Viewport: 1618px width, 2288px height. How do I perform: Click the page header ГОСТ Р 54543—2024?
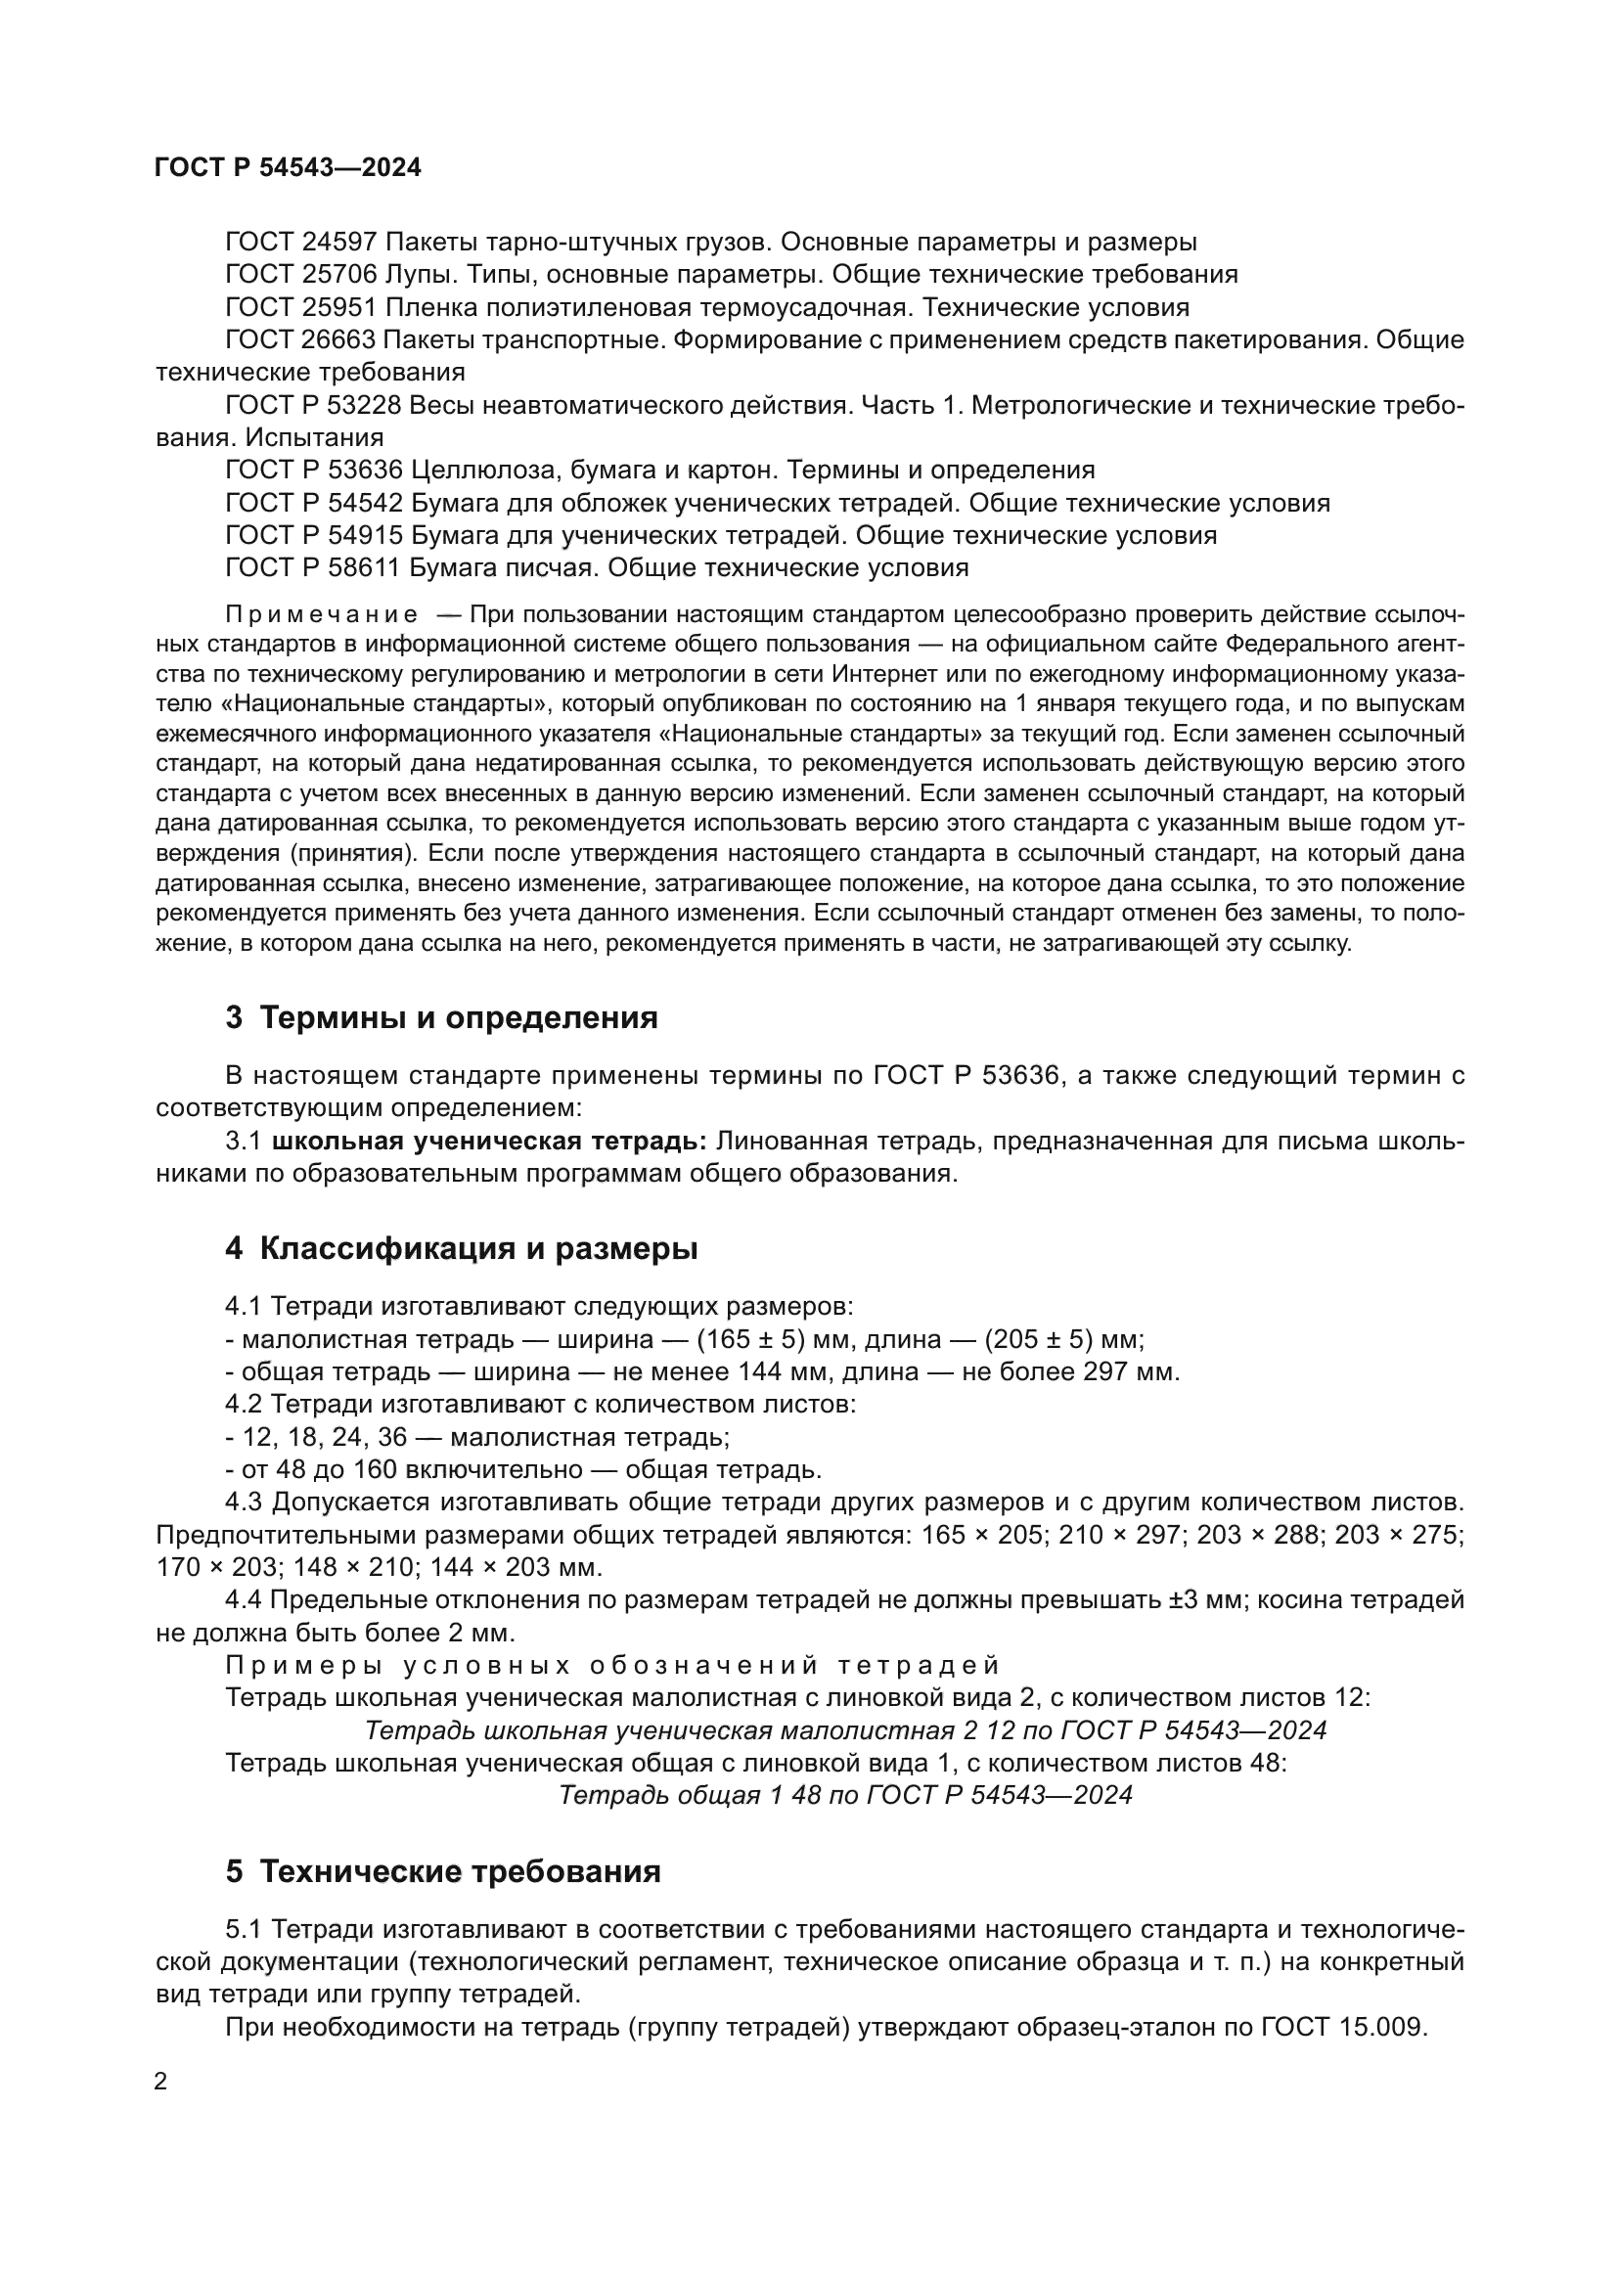click(288, 167)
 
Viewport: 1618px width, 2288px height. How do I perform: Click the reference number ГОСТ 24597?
click(301, 243)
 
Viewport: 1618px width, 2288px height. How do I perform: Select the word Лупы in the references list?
click(416, 275)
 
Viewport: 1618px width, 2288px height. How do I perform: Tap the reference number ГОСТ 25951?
click(301, 307)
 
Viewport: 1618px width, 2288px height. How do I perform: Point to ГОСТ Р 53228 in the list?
click(314, 406)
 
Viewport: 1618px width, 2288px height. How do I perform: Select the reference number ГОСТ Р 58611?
click(314, 568)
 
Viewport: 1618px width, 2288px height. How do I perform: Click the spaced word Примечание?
click(321, 614)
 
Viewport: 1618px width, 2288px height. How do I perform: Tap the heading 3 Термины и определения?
click(441, 1017)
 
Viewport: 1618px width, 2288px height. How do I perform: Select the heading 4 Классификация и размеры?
click(462, 1248)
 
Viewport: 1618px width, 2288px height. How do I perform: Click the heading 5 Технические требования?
click(443, 1872)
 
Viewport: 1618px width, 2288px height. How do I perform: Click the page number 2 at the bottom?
click(161, 2082)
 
